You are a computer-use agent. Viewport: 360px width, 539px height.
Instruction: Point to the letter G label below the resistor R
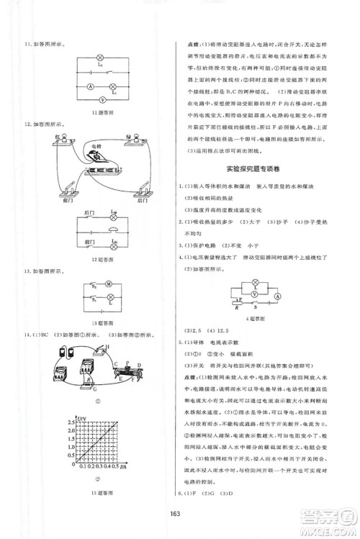(x=94, y=387)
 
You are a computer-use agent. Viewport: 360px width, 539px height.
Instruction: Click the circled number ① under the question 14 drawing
(x=94, y=401)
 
